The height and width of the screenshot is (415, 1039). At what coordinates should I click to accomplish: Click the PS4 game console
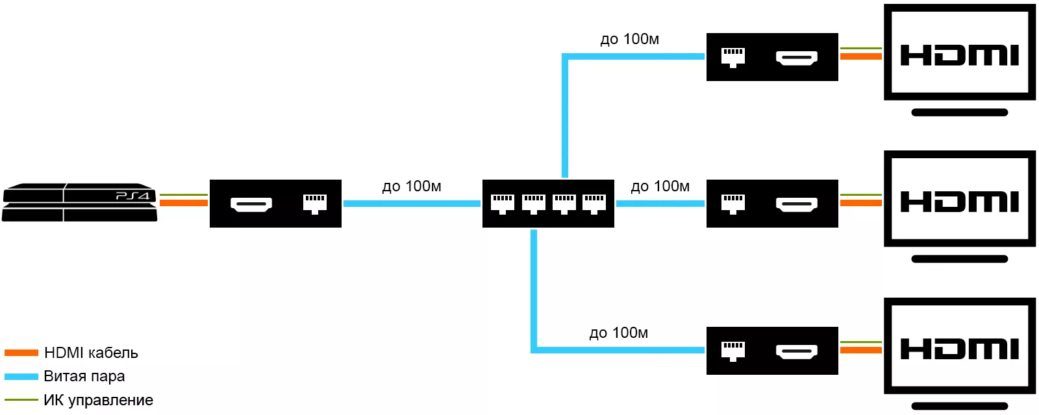(79, 202)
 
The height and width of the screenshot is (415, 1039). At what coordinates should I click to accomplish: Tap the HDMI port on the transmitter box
(251, 204)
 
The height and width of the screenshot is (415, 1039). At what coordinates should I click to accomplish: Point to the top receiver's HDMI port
(797, 58)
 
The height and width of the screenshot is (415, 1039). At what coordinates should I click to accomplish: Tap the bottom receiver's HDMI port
(797, 351)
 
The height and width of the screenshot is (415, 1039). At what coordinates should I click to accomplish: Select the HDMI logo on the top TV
(960, 55)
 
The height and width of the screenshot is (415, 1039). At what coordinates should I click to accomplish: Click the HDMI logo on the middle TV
(960, 202)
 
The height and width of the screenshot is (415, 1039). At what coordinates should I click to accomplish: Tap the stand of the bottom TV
(960, 406)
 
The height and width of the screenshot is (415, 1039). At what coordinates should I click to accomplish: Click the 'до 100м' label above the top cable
(629, 40)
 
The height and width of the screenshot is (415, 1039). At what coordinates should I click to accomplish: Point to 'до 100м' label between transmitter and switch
(411, 187)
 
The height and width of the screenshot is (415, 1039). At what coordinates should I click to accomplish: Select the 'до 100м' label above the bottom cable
(618, 333)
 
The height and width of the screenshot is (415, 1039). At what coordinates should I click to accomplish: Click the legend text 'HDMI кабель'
(91, 353)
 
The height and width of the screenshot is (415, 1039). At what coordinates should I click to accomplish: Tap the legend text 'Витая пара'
(84, 376)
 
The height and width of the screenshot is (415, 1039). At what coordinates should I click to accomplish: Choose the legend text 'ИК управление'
(98, 400)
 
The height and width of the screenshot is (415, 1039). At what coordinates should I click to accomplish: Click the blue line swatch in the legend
(21, 376)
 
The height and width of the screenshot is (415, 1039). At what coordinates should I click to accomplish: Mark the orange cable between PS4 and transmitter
(183, 203)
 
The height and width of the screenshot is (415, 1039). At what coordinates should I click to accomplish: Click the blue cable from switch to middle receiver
(660, 204)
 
